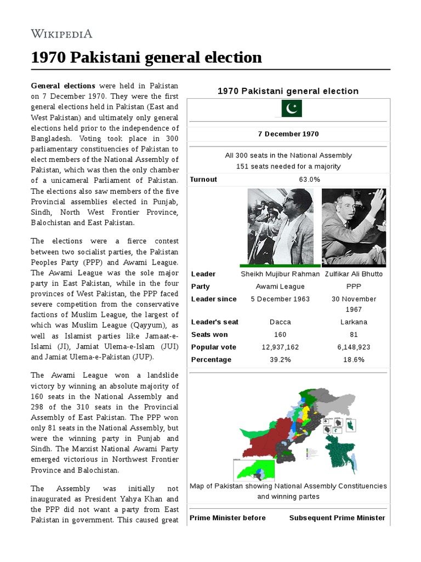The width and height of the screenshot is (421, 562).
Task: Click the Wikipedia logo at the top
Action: pyautogui.click(x=61, y=33)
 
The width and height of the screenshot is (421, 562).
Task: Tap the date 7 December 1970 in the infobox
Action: pyautogui.click(x=288, y=134)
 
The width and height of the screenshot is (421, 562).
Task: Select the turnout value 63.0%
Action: pyautogui.click(x=310, y=179)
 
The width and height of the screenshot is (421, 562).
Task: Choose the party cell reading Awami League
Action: pyautogui.click(x=280, y=286)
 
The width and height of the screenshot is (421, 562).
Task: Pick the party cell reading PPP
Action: pyautogui.click(x=354, y=286)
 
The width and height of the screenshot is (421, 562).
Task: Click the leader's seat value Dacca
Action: pyautogui.click(x=280, y=322)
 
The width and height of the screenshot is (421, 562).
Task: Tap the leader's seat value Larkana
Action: pyautogui.click(x=354, y=322)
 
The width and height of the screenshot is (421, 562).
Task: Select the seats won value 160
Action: pyautogui.click(x=280, y=335)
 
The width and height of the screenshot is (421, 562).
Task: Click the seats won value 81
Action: pyautogui.click(x=354, y=335)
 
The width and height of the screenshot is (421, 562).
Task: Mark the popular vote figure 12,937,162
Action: pyautogui.click(x=280, y=347)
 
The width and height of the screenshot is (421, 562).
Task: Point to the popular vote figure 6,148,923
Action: pyautogui.click(x=354, y=347)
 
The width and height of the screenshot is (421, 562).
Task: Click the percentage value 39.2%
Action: pyautogui.click(x=280, y=360)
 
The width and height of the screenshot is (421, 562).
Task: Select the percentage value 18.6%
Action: pyautogui.click(x=354, y=360)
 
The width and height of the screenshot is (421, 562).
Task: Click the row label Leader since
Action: pyautogui.click(x=214, y=299)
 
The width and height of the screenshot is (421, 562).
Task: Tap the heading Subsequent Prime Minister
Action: pyautogui.click(x=337, y=518)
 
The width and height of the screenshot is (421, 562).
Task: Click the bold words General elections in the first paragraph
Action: pyautogui.click(x=63, y=86)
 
